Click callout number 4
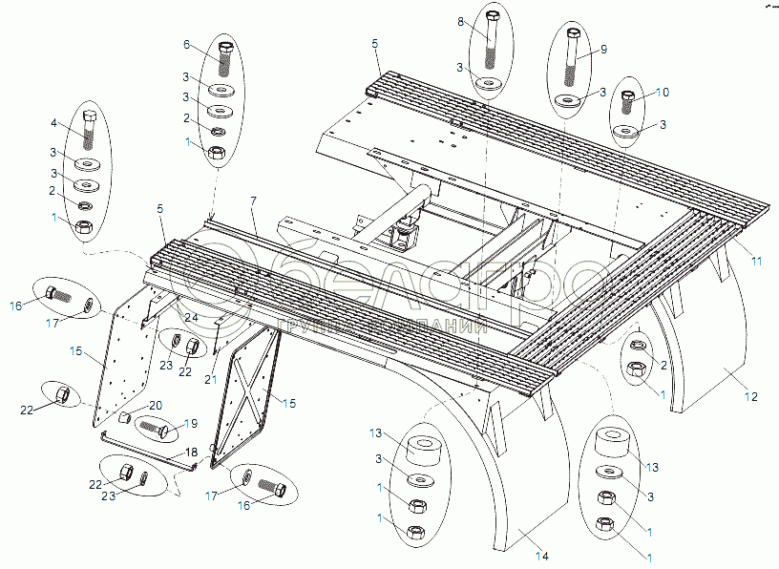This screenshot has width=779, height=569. pyautogui.click(x=55, y=122)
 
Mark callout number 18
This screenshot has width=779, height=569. pyautogui.click(x=192, y=451)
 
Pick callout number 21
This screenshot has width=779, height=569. pyautogui.click(x=210, y=379)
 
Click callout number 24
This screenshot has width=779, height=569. pyautogui.click(x=191, y=316)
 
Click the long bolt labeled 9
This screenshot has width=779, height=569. pyautogui.click(x=573, y=57)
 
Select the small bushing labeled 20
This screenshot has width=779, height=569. pyautogui.click(x=123, y=417)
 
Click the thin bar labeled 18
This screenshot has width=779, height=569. pyautogui.click(x=143, y=450)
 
